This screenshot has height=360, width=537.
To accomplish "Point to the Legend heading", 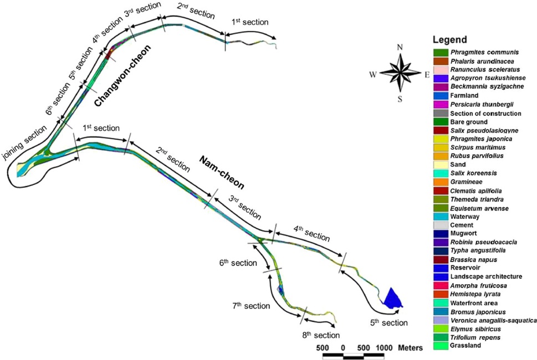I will click(x=450, y=40).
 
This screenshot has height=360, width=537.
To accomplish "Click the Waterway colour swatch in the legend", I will click(x=441, y=217).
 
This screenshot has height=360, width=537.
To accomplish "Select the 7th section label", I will click(x=250, y=305).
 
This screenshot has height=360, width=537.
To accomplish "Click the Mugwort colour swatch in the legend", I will click(x=441, y=234).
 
